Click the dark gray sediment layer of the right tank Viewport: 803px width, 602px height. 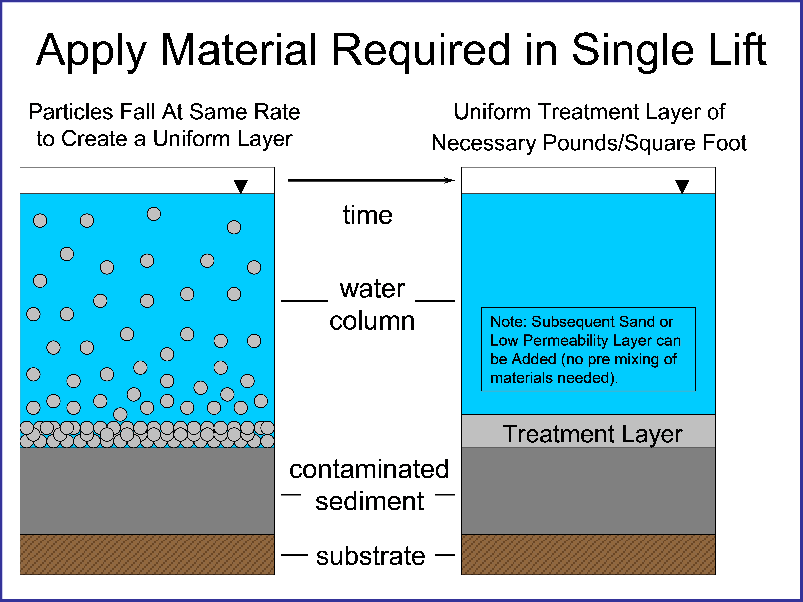(x=588, y=491)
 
